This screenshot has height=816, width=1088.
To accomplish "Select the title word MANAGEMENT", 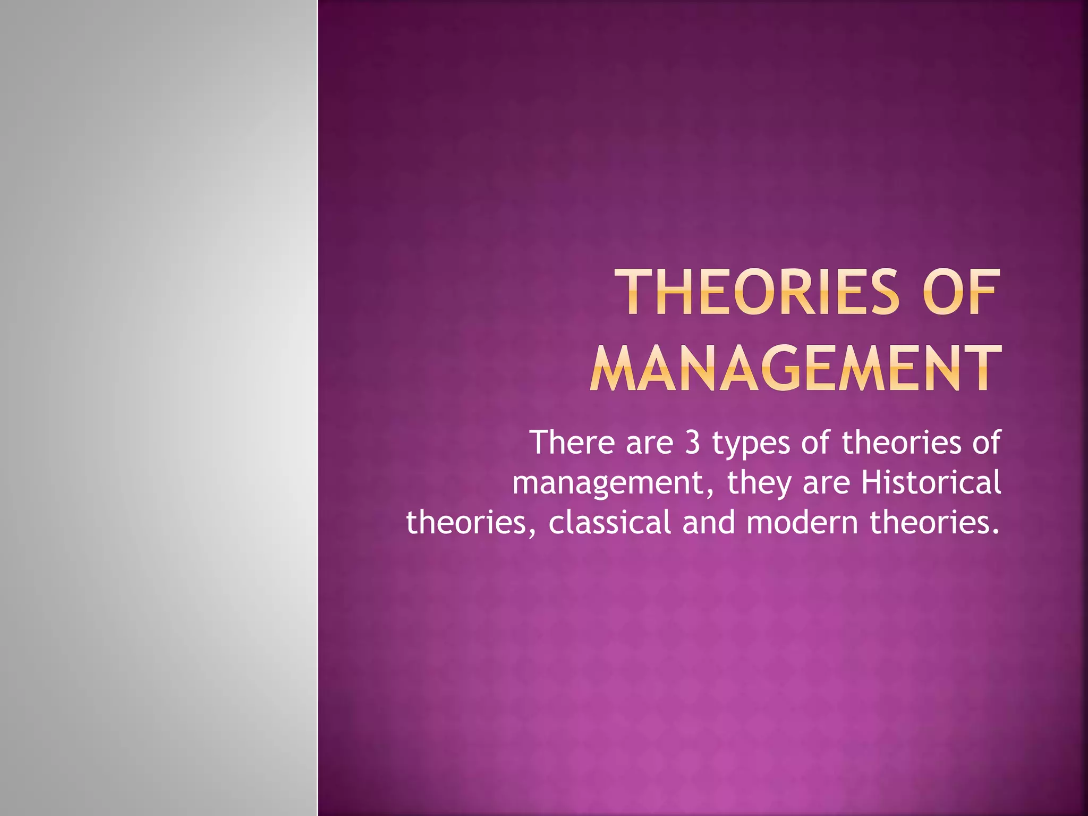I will [795, 368].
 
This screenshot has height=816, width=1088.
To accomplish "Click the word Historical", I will [931, 482].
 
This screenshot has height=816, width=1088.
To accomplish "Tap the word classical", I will [610, 522].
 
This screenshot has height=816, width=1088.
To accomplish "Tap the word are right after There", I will [650, 443].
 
